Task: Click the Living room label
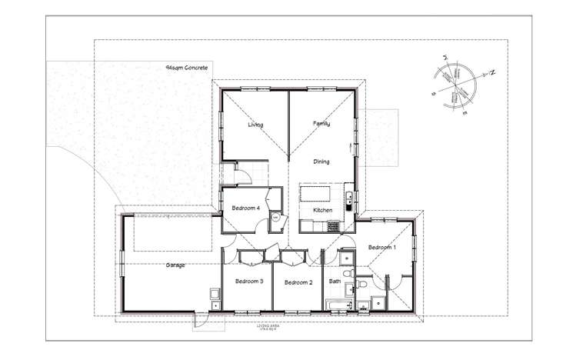click(255, 125)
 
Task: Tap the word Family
click(321, 123)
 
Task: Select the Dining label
click(321, 162)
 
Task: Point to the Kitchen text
click(323, 210)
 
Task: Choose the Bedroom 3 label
click(249, 282)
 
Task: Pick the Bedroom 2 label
click(298, 283)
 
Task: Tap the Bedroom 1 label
click(382, 248)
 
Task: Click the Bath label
click(335, 282)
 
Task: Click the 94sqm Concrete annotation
click(188, 68)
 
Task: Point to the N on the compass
click(492, 72)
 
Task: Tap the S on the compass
click(434, 93)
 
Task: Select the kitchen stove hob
click(334, 226)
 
